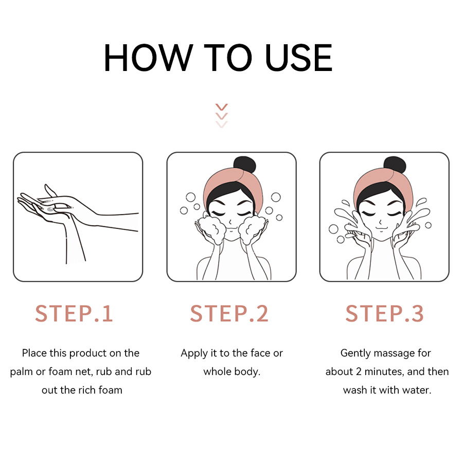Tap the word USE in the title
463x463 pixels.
298,58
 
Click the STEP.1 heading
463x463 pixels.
74,313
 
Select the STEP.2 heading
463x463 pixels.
229,313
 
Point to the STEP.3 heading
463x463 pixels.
384,313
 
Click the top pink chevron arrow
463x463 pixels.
221,107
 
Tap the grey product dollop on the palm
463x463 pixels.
50,209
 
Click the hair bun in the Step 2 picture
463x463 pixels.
244,164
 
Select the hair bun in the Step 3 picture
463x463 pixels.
395,164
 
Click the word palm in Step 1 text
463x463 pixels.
22,372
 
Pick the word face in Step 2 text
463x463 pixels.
262,353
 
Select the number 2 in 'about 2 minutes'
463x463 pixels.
359,371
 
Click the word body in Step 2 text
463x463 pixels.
247,372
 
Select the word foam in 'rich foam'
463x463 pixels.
110,390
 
